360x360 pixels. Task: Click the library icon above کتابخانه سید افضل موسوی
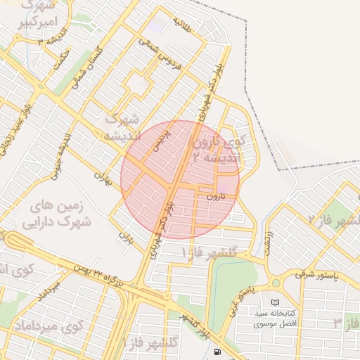click(274, 301)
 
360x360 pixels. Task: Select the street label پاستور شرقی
click(316, 274)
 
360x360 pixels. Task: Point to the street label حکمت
click(62, 58)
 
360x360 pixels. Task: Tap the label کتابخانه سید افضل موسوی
click(275, 318)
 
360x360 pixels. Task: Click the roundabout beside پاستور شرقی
click(275, 282)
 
